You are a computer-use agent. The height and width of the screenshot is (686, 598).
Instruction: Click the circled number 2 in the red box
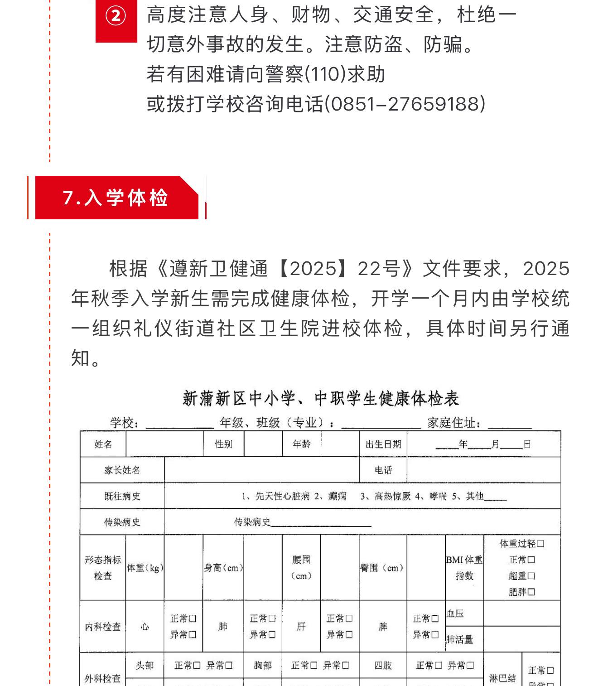coord(116,17)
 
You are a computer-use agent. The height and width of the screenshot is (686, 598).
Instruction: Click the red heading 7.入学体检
coord(116,198)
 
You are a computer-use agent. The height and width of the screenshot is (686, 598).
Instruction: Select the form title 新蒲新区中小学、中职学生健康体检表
coord(321,398)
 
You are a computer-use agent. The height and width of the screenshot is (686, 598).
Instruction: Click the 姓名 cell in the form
coord(103,444)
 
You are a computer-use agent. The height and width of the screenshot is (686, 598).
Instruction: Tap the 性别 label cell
coord(223,444)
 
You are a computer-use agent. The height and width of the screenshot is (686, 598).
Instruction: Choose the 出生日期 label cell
coord(383,444)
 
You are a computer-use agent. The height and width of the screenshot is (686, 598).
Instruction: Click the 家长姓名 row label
coord(122,470)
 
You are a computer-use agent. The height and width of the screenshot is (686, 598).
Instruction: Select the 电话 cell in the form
coord(383,470)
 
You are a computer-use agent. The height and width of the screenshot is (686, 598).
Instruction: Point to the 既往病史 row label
coord(122,496)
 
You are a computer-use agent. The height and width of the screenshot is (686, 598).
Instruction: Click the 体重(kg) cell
coord(145,568)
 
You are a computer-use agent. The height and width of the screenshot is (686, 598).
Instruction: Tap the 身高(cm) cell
coord(223,568)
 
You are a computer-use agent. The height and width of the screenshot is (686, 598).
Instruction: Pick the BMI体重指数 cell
coord(464,568)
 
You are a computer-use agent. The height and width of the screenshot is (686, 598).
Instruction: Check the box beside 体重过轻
coord(540,544)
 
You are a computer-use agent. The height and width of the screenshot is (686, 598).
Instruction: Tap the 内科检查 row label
coord(103,627)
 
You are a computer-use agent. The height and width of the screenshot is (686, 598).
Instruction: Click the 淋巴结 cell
coord(502,678)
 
